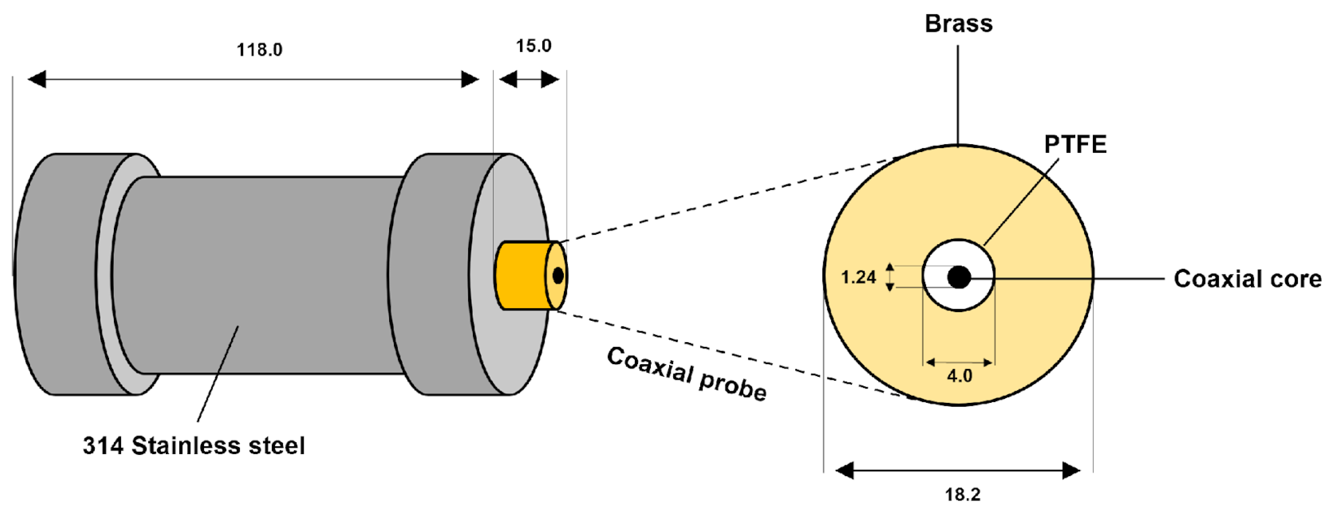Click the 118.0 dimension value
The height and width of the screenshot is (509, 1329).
(x=260, y=50)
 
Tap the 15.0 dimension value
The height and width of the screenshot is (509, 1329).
(x=534, y=46)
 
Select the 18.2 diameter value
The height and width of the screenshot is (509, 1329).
(x=963, y=495)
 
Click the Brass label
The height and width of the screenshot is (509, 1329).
(x=959, y=24)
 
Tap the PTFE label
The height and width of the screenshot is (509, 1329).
(x=1075, y=144)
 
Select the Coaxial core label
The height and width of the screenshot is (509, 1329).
(x=1247, y=279)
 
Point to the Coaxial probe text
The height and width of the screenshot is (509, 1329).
(x=686, y=374)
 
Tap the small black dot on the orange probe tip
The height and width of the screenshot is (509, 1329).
(x=558, y=275)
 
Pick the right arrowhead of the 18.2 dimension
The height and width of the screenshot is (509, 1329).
(x=1071, y=470)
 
